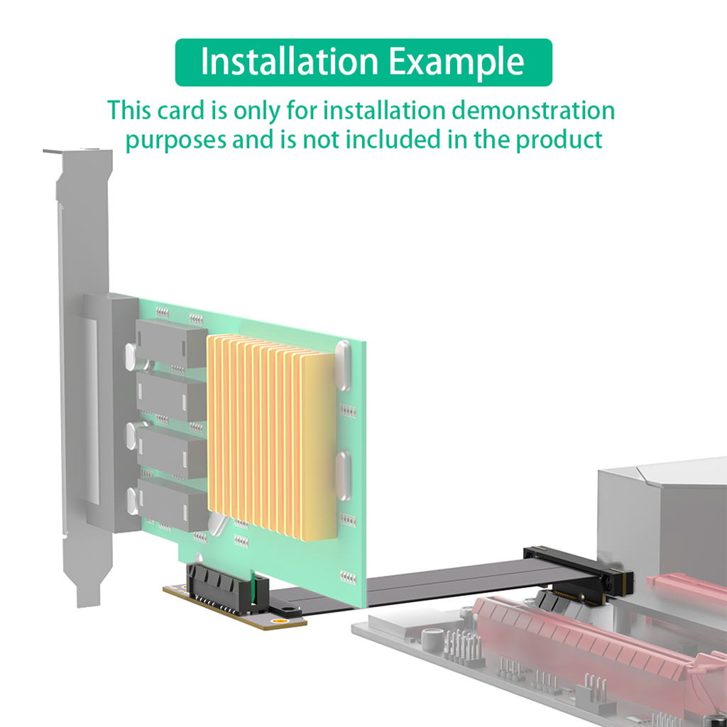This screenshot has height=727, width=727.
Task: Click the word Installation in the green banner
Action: tap(290, 62)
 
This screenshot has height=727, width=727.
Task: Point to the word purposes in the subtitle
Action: tap(176, 139)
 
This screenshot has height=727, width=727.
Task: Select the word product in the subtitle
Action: tap(559, 139)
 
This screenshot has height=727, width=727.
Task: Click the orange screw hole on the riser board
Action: tap(280, 623)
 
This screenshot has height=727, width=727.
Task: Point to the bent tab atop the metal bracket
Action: tap(76, 151)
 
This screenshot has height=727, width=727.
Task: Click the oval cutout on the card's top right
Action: tap(342, 365)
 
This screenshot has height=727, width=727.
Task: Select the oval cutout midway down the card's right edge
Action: tap(342, 474)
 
